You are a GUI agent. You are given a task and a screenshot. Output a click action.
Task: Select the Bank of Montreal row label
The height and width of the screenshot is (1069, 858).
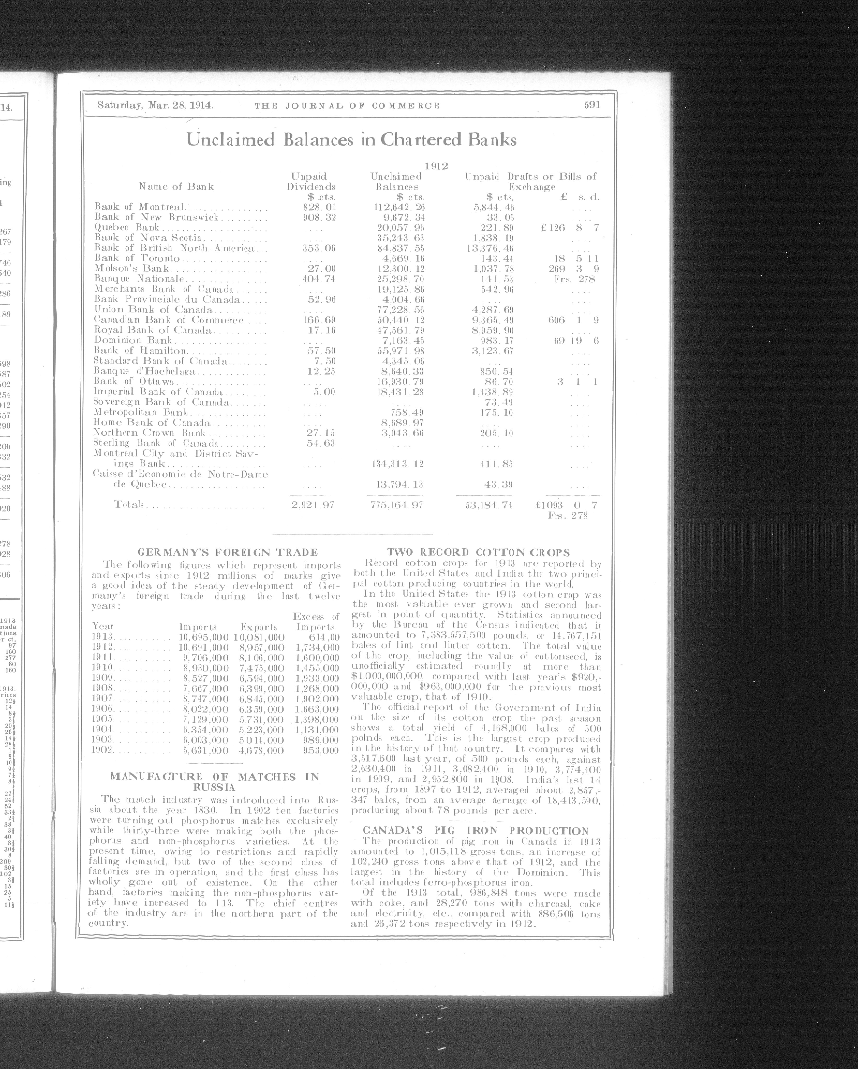(x=140, y=207)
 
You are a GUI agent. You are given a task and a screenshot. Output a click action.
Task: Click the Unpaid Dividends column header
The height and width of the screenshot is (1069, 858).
(x=311, y=181)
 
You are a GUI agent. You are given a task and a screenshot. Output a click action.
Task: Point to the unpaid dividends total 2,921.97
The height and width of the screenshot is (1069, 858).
(x=312, y=505)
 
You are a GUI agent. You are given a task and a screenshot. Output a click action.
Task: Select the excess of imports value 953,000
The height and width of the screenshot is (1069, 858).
(x=321, y=750)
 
